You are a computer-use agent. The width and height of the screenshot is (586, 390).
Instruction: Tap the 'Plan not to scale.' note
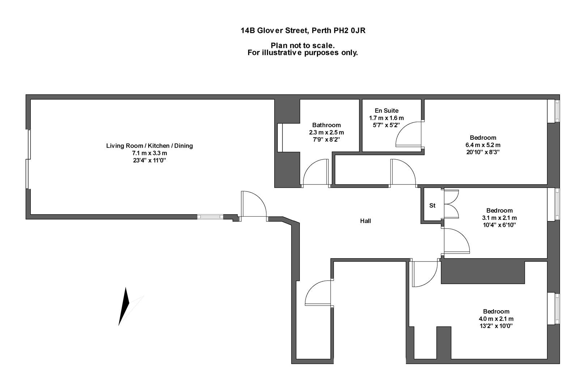click(303, 45)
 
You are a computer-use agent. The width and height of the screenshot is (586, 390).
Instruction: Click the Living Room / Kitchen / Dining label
click(149, 146)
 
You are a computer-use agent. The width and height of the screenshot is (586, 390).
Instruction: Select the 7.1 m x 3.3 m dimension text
click(149, 153)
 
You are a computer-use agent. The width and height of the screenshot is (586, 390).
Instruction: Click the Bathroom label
click(327, 125)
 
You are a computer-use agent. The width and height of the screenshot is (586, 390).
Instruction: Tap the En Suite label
click(386, 110)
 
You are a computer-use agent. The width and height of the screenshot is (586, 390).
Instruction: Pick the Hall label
click(365, 221)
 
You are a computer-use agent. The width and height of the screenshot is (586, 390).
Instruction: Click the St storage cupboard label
click(432, 205)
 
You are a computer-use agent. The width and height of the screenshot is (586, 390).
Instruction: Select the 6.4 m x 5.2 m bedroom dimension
click(483, 145)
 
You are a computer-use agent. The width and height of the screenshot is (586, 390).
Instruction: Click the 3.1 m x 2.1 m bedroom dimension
click(500, 218)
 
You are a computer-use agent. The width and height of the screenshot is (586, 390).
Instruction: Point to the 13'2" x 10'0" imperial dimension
click(496, 326)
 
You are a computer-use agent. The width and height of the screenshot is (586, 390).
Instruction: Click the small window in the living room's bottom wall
click(210, 217)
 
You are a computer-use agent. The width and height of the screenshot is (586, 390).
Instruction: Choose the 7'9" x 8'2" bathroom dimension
click(326, 140)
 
